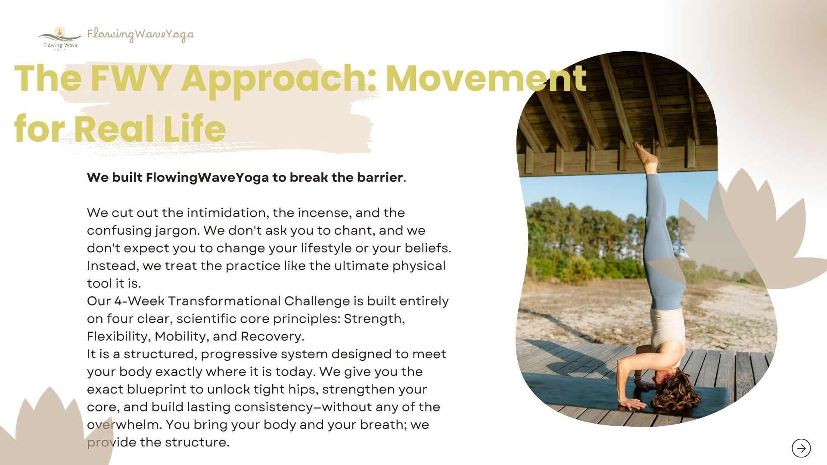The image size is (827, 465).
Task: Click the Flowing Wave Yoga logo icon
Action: (x=60, y=38)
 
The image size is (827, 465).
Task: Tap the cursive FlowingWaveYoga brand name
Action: (x=140, y=35)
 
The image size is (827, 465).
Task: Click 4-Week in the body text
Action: (x=139, y=301)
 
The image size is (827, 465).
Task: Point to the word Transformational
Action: (x=224, y=301)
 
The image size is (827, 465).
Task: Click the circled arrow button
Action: (x=801, y=448)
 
